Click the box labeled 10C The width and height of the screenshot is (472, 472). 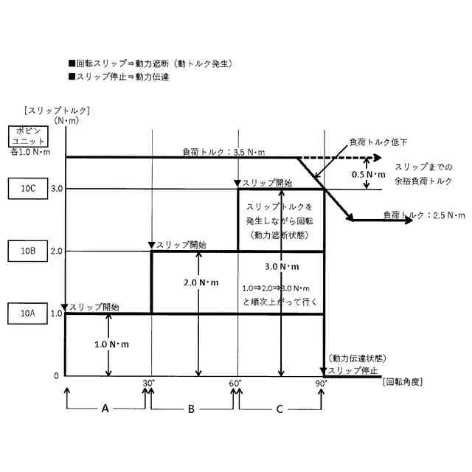pos(28,188)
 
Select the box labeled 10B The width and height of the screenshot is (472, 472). pos(28,251)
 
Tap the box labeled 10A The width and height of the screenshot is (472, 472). pos(28,313)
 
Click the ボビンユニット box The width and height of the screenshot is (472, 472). pos(28,136)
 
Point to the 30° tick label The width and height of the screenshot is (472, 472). pos(150,383)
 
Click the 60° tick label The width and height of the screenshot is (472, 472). pos(236,383)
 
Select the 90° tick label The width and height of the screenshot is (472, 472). pos(322,383)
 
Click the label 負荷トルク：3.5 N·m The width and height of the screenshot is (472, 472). pos(223,152)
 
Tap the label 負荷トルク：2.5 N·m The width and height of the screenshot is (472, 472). pos(424,215)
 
